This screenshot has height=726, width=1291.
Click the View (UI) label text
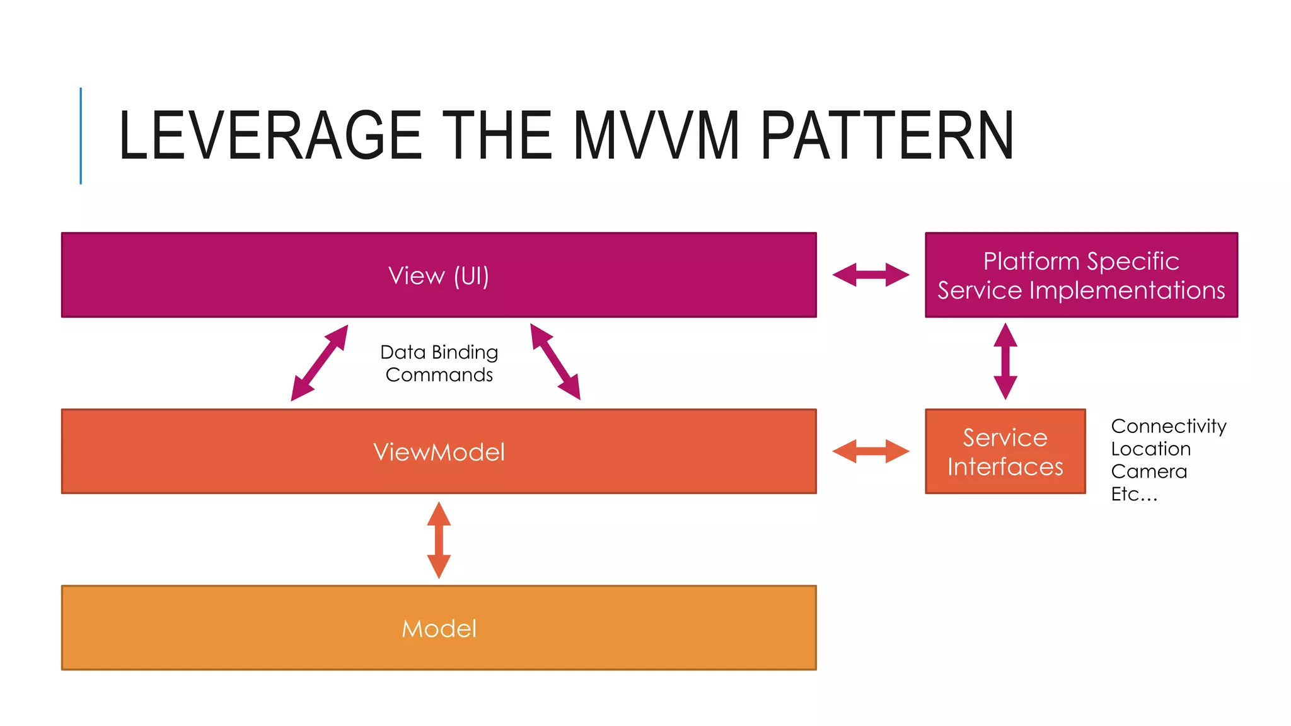439,276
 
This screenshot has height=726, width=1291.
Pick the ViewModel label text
439,452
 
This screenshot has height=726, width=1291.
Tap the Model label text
439,628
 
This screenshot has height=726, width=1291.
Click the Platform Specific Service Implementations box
1081,275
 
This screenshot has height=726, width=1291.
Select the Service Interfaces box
1005,452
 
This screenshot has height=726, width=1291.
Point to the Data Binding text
439,352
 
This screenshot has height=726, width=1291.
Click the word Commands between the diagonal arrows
439,375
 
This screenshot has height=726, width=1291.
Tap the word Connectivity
1168,426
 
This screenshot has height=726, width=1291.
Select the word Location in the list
1150,449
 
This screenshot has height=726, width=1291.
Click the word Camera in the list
1149,471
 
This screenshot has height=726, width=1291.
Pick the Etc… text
1134,494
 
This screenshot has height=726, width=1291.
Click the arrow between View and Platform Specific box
871,275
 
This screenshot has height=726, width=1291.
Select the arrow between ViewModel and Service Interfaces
871,451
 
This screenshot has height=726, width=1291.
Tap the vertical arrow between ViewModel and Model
439,540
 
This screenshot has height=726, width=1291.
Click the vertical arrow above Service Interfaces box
1005,361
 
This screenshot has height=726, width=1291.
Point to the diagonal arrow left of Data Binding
319,363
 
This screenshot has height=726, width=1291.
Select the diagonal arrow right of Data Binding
555,362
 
